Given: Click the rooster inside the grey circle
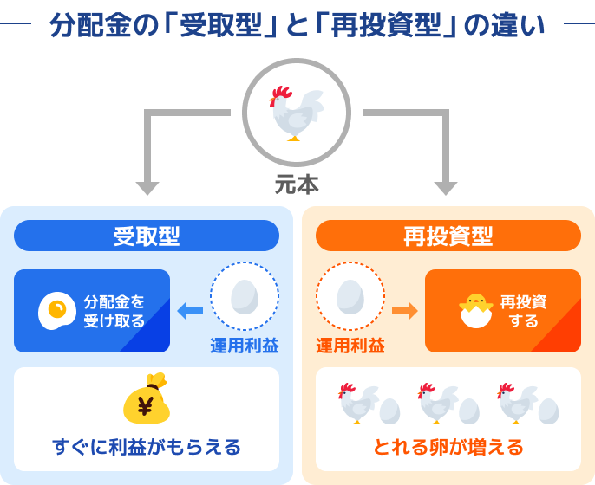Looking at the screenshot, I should (295, 113).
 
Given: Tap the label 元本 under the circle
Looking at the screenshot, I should (297, 184).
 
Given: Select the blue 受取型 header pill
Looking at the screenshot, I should (147, 236).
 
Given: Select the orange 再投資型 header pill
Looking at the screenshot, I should (448, 236).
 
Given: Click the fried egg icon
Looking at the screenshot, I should (57, 311).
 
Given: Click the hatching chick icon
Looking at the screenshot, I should (474, 310).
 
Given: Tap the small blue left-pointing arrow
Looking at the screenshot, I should (190, 310).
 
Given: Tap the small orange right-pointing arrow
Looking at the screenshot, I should (404, 310).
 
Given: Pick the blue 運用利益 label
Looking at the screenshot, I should (244, 346).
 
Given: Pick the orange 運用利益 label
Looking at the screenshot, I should (350, 346).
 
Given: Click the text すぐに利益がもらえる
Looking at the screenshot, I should (147, 447).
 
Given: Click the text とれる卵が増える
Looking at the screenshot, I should (448, 447).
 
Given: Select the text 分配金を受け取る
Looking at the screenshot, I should (114, 311).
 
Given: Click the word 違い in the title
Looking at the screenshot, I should (521, 24).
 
